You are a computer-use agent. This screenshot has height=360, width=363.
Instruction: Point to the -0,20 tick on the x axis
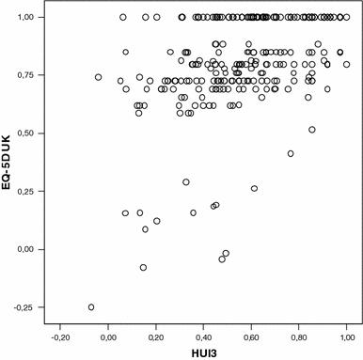61,334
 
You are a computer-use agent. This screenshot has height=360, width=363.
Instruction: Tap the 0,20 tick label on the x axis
156,334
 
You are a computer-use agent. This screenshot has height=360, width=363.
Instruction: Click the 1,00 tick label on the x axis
347,334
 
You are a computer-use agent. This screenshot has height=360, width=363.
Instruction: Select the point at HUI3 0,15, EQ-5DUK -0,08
144,268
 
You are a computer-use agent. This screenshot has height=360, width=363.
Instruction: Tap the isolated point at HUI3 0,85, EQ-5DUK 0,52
311,130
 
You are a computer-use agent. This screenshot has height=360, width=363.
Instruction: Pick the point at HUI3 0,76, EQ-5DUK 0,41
291,153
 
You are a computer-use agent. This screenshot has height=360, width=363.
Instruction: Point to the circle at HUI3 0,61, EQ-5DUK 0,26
254,189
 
